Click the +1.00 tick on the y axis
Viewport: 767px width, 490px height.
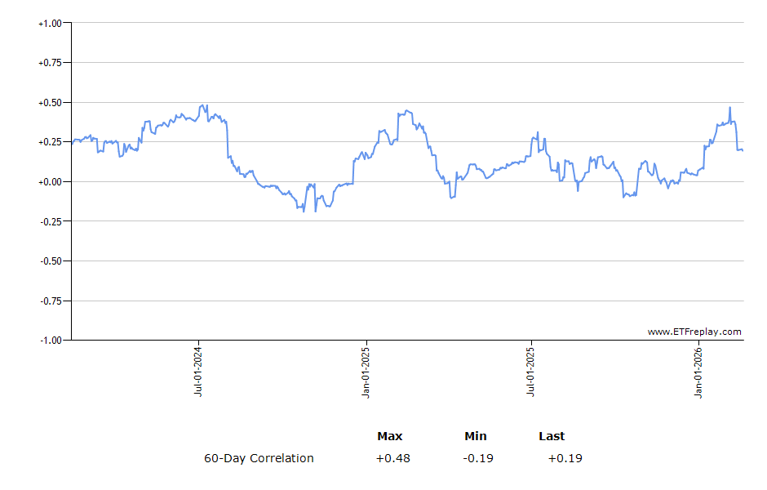coord(50,23)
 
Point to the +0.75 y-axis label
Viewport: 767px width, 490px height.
coord(50,63)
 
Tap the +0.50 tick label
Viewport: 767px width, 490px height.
coord(50,103)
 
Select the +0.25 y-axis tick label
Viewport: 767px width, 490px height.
coord(50,142)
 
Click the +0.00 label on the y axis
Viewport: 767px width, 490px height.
coord(50,182)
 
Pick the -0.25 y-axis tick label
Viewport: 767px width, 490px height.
coord(51,221)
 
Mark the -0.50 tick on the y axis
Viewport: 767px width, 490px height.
coord(51,261)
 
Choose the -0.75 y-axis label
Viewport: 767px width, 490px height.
coord(51,301)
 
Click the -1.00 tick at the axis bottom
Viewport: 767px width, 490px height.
coord(51,340)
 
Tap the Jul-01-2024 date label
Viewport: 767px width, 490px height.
coord(198,372)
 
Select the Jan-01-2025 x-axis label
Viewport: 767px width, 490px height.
coord(366,372)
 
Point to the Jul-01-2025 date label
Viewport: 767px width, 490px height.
coord(531,372)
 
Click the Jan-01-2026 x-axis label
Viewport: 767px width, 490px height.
coord(699,372)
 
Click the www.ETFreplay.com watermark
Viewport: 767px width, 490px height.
coord(694,332)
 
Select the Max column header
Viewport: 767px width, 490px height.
coord(390,436)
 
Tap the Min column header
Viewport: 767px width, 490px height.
coord(476,436)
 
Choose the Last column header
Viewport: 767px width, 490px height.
coord(552,436)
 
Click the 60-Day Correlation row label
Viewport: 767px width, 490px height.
coord(259,458)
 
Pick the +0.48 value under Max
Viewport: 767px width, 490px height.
coord(392,458)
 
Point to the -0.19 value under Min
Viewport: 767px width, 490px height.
coord(477,458)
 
